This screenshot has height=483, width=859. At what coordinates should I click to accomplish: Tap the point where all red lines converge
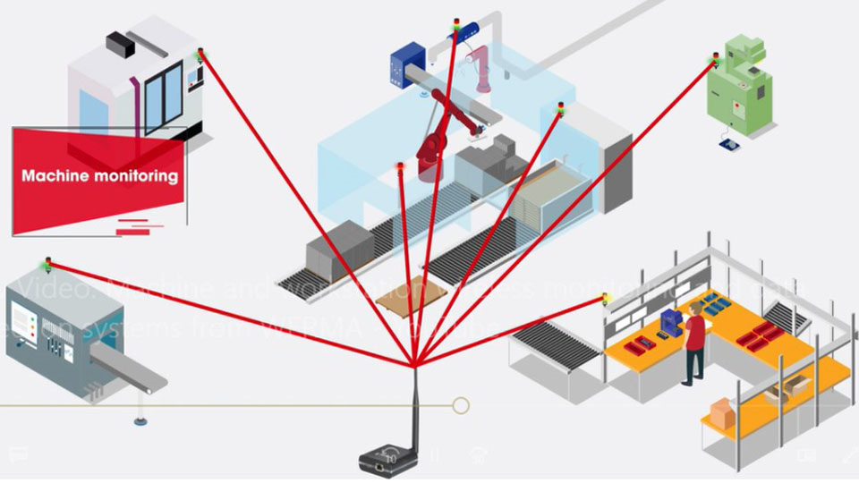(415, 365)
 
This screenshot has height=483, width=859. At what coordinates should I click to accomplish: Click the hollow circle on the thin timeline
(461, 406)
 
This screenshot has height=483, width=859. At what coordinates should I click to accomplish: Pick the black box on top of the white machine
(122, 42)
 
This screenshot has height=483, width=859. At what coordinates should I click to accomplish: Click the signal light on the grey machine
(47, 263)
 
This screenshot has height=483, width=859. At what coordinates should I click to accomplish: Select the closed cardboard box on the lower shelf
(721, 413)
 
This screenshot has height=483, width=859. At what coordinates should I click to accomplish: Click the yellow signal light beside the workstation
(606, 298)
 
